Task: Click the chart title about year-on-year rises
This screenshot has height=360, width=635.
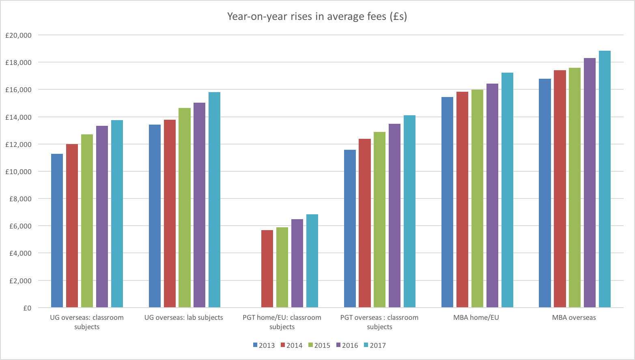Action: coord(317,16)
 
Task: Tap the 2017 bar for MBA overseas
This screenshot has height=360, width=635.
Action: coord(605,179)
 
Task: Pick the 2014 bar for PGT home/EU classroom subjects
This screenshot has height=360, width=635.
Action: coord(267,269)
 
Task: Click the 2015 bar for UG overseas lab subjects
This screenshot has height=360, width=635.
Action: coord(185,207)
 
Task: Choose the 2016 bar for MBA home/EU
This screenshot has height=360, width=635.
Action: coord(492,195)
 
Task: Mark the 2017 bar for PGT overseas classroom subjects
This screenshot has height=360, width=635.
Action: coord(409,211)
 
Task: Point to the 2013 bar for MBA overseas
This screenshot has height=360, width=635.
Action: coord(545,193)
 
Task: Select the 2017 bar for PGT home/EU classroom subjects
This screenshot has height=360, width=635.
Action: coord(312,261)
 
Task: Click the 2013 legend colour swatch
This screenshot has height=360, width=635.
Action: coord(255,345)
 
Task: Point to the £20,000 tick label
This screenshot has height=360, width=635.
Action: coord(18,35)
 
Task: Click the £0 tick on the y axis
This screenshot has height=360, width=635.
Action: coord(27,308)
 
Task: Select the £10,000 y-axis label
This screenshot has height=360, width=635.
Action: coord(18,172)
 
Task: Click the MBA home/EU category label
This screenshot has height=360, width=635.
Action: coord(476,317)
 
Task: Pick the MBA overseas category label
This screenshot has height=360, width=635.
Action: coord(574,317)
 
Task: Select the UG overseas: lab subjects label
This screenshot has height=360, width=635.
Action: coord(183,317)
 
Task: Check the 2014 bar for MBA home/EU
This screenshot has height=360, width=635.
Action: coord(462,199)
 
